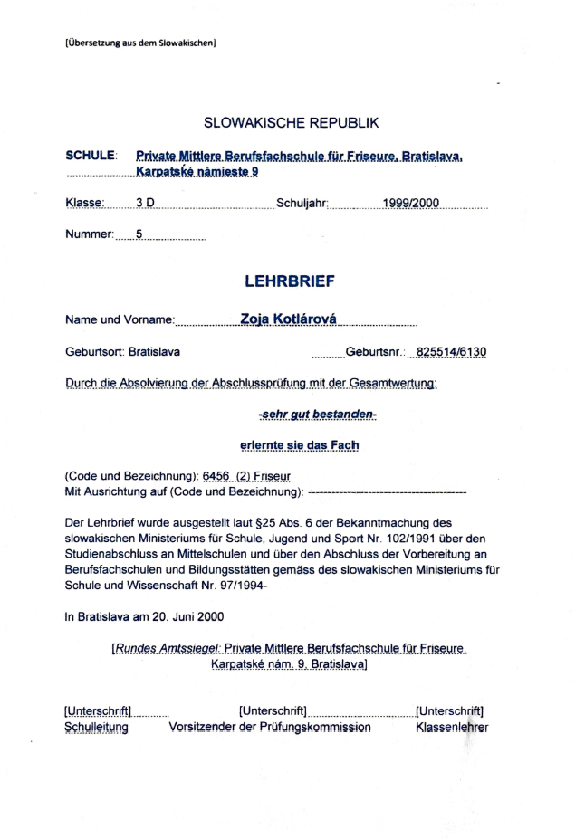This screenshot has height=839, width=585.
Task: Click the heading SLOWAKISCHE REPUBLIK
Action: click(x=292, y=122)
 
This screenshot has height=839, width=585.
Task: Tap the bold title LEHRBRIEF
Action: click(x=289, y=281)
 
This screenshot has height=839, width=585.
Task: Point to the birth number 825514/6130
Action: click(x=447, y=351)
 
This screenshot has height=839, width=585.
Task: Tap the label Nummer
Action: click(x=89, y=234)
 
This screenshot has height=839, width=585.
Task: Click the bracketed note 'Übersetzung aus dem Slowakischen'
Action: click(x=140, y=43)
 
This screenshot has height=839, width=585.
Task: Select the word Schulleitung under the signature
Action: click(x=95, y=726)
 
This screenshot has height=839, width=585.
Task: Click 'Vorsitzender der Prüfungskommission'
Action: click(x=270, y=726)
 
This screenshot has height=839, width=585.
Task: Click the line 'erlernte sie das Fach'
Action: click(x=299, y=445)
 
